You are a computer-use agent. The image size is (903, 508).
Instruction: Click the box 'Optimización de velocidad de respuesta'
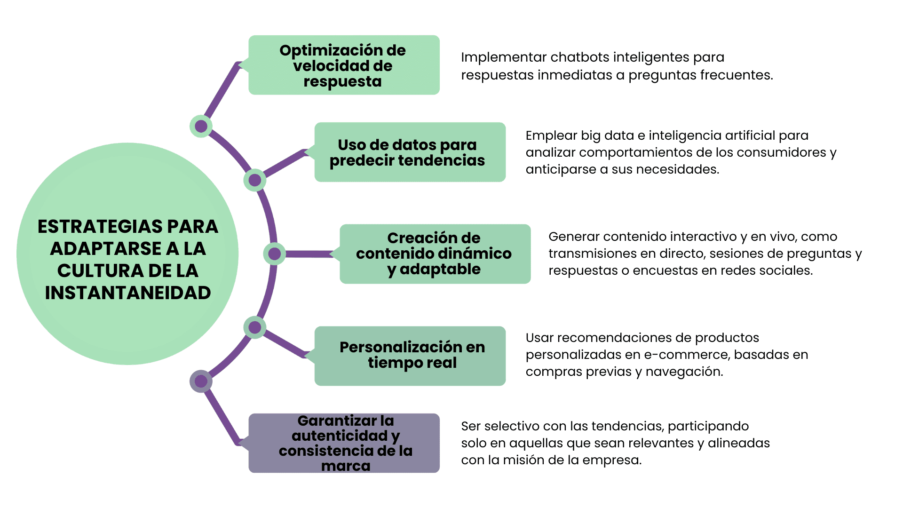[x=344, y=65]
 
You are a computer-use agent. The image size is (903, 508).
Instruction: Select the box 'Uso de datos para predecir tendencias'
[x=410, y=152]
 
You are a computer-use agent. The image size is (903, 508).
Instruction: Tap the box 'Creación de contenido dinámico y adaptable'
[x=435, y=254]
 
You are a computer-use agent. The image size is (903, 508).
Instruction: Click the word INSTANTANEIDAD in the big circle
[x=127, y=293]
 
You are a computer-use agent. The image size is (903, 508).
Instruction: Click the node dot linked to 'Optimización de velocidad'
[x=201, y=126]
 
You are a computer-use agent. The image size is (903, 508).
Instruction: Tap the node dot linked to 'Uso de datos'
[x=255, y=180]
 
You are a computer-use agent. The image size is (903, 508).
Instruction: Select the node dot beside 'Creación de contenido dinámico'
[x=275, y=254]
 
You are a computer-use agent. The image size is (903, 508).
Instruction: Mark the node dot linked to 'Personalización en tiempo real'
[x=255, y=327]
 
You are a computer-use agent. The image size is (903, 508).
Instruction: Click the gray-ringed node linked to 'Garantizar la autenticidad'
[x=201, y=381]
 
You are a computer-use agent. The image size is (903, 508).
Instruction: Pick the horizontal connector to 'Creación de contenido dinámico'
[x=309, y=254]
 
